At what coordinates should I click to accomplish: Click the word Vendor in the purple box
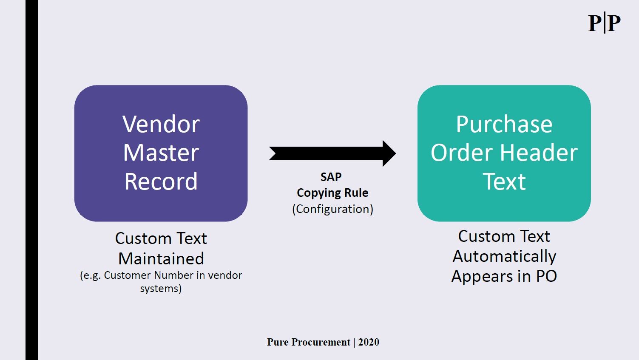click(x=161, y=125)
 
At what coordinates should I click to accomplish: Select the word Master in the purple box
click(x=161, y=153)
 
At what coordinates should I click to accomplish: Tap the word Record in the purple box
click(x=161, y=181)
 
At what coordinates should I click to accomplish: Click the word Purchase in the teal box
click(x=504, y=125)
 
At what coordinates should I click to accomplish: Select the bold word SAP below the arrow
click(x=331, y=177)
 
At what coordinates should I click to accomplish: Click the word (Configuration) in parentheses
click(x=333, y=209)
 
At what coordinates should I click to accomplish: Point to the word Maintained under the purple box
click(x=161, y=258)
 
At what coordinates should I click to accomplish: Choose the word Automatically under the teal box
click(x=504, y=256)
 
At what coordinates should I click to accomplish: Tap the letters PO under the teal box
click(x=546, y=276)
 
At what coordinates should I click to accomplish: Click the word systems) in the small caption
click(x=161, y=289)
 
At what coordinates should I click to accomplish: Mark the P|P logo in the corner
click(x=604, y=23)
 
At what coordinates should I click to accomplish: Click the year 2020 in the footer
click(x=369, y=342)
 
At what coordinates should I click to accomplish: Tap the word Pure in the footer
click(x=278, y=342)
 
